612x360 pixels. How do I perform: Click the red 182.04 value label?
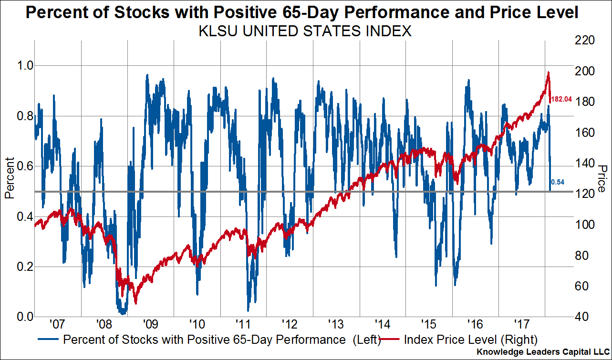(x=561, y=100)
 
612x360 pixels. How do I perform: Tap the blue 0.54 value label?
(x=558, y=182)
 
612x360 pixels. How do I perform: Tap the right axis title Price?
(x=602, y=179)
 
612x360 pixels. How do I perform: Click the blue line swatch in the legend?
(x=48, y=340)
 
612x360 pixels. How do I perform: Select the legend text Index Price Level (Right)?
(x=471, y=340)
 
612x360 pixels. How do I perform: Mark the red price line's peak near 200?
(x=549, y=72)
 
